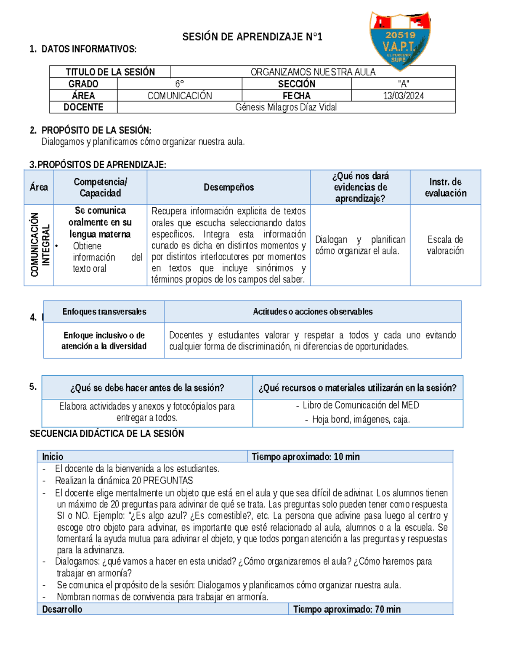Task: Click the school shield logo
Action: (x=400, y=40)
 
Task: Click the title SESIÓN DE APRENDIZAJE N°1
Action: (x=252, y=37)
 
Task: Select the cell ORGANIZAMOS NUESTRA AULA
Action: (x=313, y=72)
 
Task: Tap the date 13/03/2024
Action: (x=403, y=96)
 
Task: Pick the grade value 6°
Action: (x=179, y=84)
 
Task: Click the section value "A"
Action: (x=403, y=84)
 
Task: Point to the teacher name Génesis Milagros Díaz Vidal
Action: (x=286, y=107)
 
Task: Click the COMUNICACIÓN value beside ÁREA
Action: (x=179, y=96)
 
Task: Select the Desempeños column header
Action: (x=229, y=188)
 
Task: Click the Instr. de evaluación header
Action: (x=445, y=188)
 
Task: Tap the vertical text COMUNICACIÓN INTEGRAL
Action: (x=40, y=245)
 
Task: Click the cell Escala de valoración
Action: (x=445, y=245)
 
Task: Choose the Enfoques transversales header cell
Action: (x=104, y=312)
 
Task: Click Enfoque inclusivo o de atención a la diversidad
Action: (x=104, y=341)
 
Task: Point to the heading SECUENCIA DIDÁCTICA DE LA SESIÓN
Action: (x=107, y=434)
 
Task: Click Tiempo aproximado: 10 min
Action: (x=306, y=457)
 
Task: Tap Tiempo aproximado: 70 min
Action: (x=347, y=609)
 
